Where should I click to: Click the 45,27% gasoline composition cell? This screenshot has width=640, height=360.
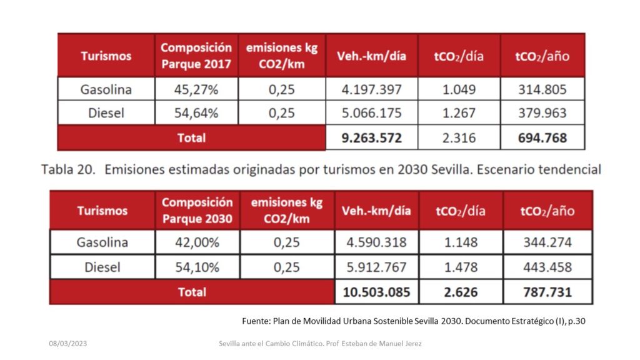tap(196, 89)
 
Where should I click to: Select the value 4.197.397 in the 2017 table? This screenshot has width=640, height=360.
tap(371, 89)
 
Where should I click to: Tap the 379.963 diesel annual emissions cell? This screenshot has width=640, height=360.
tap(542, 113)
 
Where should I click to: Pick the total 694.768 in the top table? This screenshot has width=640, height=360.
tap(542, 137)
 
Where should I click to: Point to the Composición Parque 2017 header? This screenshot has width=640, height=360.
tap(196, 56)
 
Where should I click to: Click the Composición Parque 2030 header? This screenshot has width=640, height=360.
tap(197, 211)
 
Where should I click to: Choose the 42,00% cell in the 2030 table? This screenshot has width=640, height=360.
tap(197, 242)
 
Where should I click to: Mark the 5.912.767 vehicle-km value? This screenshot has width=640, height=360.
tap(376, 267)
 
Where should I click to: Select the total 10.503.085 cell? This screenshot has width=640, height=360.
tap(376, 292)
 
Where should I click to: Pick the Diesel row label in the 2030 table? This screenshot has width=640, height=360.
tap(102, 267)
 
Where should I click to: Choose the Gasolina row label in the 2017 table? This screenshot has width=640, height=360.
tap(106, 89)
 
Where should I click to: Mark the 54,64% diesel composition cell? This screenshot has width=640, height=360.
tap(196, 113)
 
